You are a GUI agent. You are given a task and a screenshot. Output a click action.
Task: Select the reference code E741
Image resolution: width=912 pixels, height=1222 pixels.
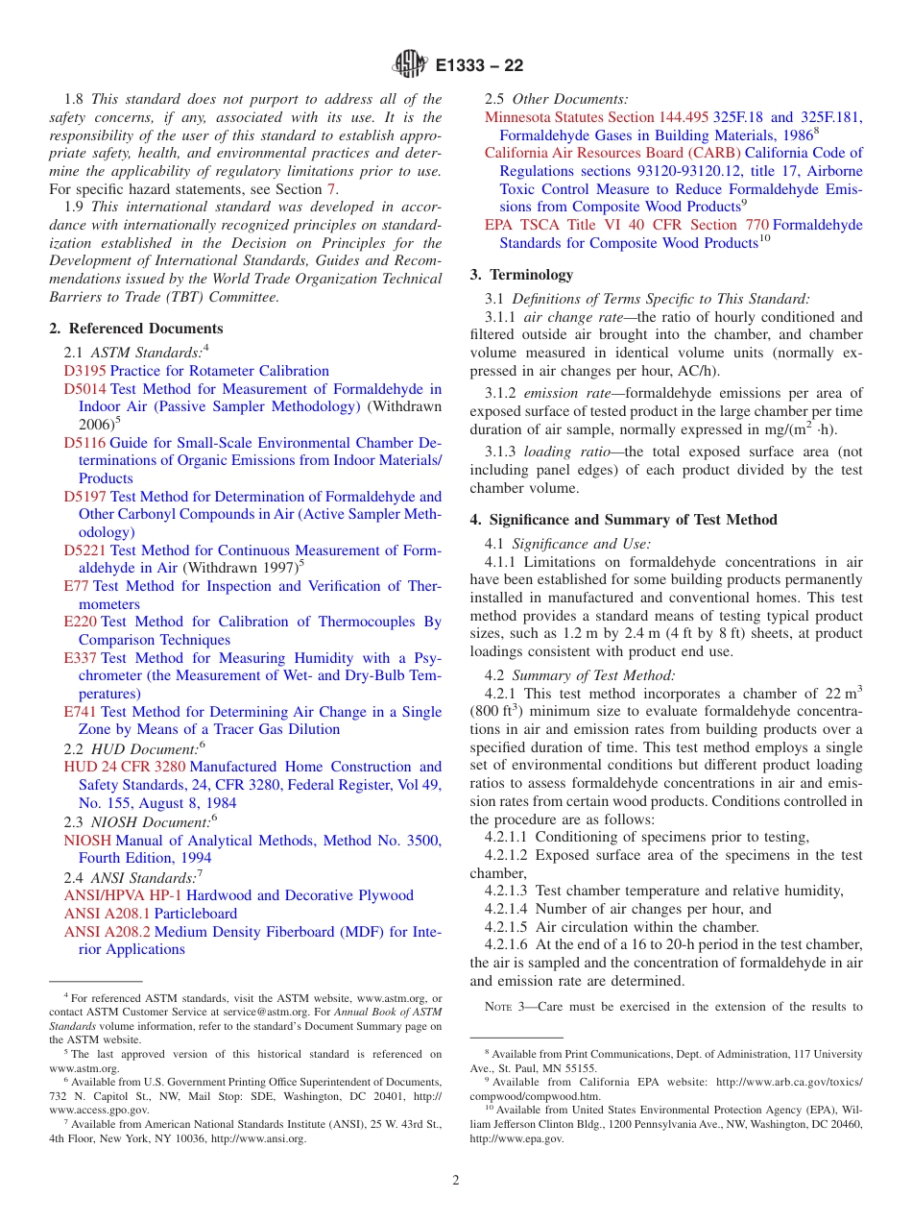pos(80,712)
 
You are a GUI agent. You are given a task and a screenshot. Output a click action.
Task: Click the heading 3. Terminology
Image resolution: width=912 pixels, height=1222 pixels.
pos(521,275)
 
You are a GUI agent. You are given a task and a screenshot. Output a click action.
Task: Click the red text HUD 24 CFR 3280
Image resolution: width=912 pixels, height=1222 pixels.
pos(124,767)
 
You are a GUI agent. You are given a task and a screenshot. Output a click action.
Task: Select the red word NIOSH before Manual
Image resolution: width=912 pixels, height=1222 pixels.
pos(87,841)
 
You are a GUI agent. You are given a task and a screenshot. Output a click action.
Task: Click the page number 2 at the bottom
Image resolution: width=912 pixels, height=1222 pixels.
pos(456,1181)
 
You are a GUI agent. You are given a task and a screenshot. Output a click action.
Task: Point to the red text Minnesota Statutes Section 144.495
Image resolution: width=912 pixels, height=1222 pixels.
pos(595,117)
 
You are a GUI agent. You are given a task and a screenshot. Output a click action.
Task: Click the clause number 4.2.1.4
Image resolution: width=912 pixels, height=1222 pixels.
pos(506,909)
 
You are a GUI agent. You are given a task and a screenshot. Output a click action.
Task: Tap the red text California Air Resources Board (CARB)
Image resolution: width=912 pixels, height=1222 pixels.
pos(612,153)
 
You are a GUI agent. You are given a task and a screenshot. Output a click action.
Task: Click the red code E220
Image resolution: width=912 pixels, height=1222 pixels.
pos(80,622)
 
